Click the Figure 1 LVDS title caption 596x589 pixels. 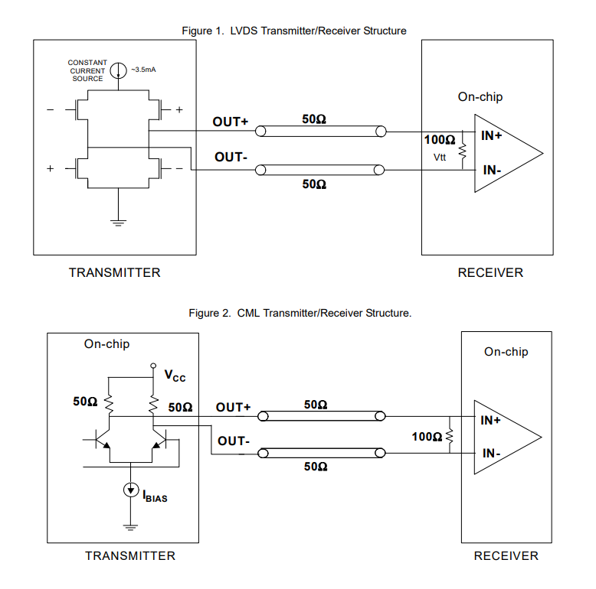[x=293, y=31]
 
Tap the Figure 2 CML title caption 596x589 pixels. [x=300, y=313]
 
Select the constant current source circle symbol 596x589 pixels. [x=118, y=71]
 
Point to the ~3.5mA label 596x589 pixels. [x=143, y=70]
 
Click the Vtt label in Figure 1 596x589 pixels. [x=440, y=157]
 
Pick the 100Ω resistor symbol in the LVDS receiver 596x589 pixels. [x=462, y=151]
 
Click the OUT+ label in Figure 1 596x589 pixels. [x=231, y=122]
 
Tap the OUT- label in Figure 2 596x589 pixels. [x=234, y=441]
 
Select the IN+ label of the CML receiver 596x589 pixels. [x=491, y=420]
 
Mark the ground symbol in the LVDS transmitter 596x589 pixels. [x=118, y=222]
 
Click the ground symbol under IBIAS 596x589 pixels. [x=130, y=526]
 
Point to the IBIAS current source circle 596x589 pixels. [x=130, y=490]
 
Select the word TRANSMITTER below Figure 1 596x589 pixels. [x=115, y=272]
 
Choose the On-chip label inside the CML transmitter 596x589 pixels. [x=107, y=344]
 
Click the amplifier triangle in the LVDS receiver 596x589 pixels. [x=506, y=152]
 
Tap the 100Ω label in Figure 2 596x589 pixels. [x=427, y=436]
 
